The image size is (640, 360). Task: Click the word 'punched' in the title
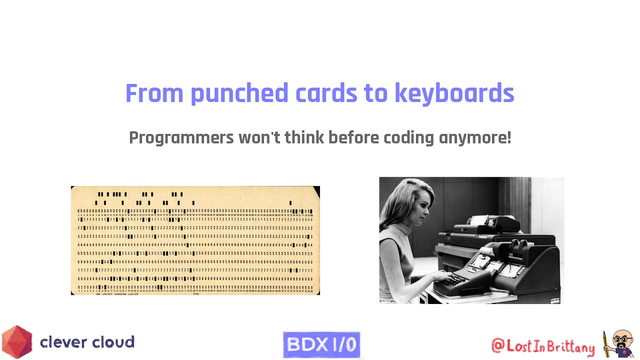[x=239, y=94]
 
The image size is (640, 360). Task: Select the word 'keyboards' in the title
[x=454, y=94]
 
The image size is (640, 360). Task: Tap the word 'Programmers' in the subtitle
[x=181, y=138]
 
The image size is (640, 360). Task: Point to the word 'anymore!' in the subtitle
[x=475, y=138]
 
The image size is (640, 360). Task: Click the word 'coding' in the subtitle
[x=408, y=138]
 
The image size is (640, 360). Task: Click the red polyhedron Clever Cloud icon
[x=17, y=342]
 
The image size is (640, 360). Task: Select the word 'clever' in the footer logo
[x=64, y=342]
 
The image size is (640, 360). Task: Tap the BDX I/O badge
[x=322, y=344]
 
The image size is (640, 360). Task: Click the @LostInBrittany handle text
[x=543, y=346]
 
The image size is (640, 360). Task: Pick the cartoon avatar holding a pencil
[x=619, y=344]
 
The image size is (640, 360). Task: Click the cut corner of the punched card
[x=316, y=191]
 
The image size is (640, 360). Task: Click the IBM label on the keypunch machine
[x=511, y=254]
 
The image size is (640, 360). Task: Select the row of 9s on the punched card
[x=195, y=287]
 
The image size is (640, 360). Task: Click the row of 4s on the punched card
[x=195, y=245]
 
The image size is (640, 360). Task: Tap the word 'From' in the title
[x=154, y=94]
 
